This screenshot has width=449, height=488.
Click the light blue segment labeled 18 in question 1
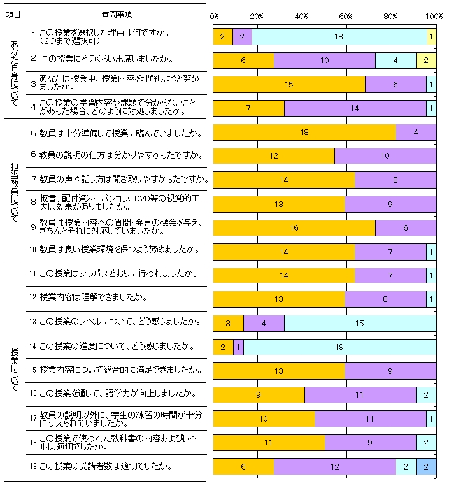click(339, 37)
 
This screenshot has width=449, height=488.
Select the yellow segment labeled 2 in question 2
click(425, 61)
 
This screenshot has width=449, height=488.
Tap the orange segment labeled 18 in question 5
click(304, 132)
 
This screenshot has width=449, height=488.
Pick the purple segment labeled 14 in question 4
click(355, 108)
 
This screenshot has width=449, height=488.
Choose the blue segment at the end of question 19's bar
click(425, 466)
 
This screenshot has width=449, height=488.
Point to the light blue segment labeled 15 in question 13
click(360, 323)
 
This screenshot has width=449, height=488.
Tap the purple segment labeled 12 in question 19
click(334, 466)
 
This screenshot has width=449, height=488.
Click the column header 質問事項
click(117, 13)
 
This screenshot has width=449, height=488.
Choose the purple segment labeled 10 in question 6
click(385, 156)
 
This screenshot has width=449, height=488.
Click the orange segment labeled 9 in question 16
click(259, 394)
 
